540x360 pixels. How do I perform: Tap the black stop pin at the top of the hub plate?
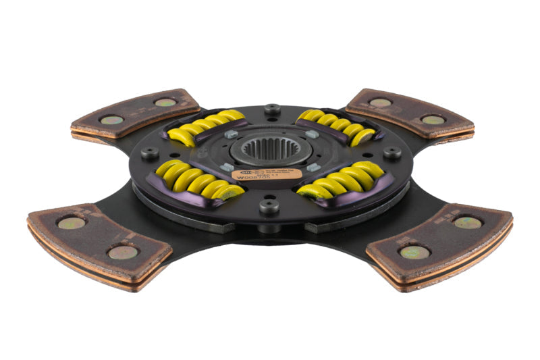tap(272, 109)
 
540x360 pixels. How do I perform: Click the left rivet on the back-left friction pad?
tap(112, 120)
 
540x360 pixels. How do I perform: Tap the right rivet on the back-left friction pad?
tap(165, 103)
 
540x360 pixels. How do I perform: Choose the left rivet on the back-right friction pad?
tap(380, 103)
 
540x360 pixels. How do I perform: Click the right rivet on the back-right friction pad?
tap(431, 120)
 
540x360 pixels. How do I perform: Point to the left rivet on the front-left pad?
tap(71, 223)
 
